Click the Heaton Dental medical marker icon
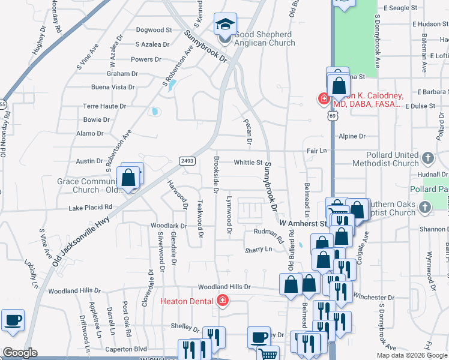pyautogui.click(x=223, y=299)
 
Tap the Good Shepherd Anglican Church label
pyautogui.click(x=264, y=38)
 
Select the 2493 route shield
pyautogui.click(x=185, y=160)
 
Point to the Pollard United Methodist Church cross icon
pyautogui.click(x=427, y=159)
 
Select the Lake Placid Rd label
pyautogui.click(x=90, y=207)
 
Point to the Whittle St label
pyautogui.click(x=248, y=162)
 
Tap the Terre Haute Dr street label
pyautogui.click(x=104, y=106)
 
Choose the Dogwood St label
pyautogui.click(x=154, y=30)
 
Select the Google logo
pyautogui.click(x=19, y=353)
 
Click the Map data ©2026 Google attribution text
pyautogui.click(x=412, y=355)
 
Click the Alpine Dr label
pyautogui.click(x=352, y=136)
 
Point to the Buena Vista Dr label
pyautogui.click(x=113, y=87)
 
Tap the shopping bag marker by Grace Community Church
pyautogui.click(x=128, y=178)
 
